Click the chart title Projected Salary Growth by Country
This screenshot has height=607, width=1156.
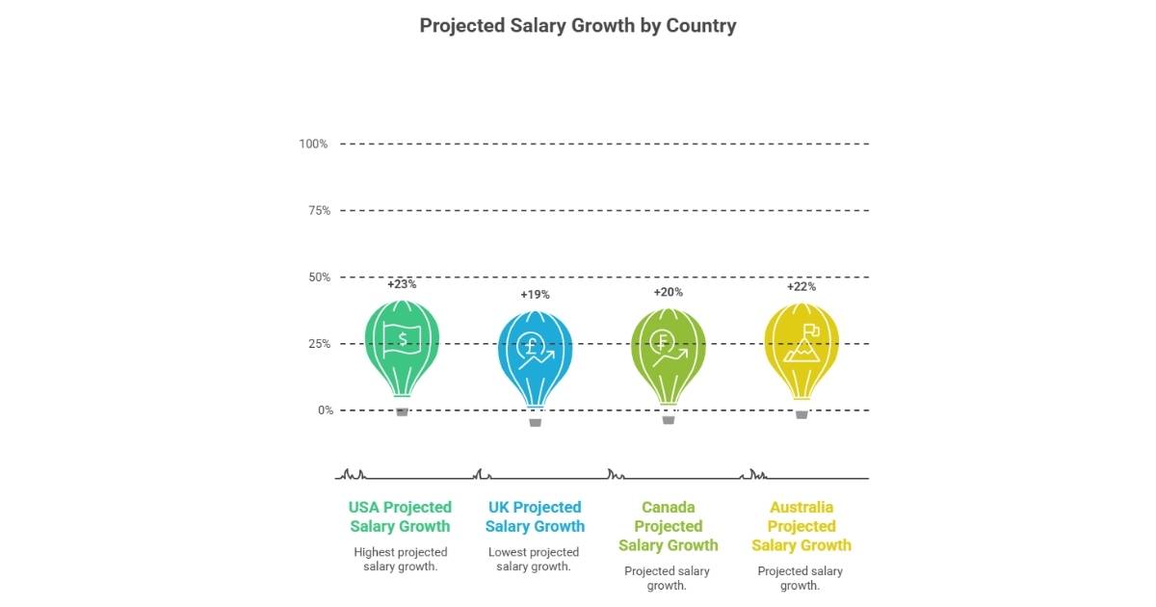(x=578, y=26)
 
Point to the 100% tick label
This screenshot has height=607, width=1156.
(x=313, y=144)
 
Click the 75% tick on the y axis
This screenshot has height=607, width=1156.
(x=316, y=210)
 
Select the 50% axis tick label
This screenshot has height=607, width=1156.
(x=316, y=277)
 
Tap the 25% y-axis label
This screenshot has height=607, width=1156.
(x=316, y=344)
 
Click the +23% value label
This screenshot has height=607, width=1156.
(x=402, y=285)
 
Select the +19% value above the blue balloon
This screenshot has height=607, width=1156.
(x=535, y=295)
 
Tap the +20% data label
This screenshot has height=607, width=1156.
(x=668, y=292)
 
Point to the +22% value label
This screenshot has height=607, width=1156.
(x=801, y=287)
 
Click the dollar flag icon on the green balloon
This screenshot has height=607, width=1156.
(x=402, y=340)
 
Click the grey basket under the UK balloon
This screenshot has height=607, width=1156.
(x=536, y=422)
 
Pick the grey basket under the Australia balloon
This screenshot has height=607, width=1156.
(x=801, y=414)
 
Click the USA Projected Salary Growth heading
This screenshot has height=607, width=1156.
(x=400, y=516)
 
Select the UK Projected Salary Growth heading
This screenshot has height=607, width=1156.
(x=535, y=516)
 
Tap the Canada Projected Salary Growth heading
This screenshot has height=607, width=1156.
(x=668, y=526)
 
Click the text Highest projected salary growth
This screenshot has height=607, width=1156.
(x=400, y=559)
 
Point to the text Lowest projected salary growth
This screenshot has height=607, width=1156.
(x=534, y=559)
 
